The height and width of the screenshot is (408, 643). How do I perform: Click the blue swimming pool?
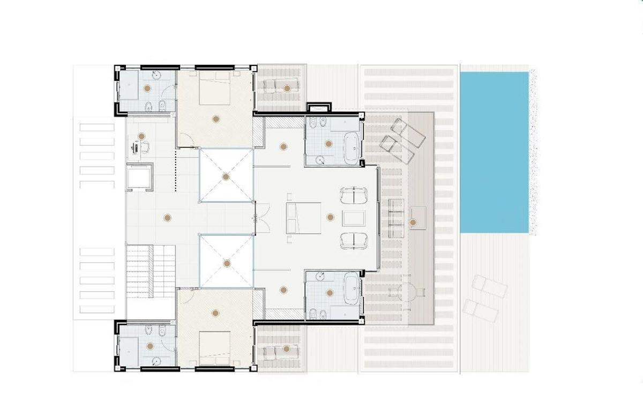pyautogui.click(x=494, y=152)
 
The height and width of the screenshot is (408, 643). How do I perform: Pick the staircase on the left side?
pyautogui.click(x=151, y=271)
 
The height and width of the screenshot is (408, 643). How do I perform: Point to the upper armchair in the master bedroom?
pyautogui.click(x=354, y=195)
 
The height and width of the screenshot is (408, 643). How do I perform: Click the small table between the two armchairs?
pyautogui.click(x=353, y=218)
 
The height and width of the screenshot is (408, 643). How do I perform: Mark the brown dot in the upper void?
pyautogui.click(x=226, y=176)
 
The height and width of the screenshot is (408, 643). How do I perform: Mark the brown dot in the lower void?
pyautogui.click(x=227, y=263)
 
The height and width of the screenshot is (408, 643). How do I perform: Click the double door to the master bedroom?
pyautogui.click(x=256, y=218)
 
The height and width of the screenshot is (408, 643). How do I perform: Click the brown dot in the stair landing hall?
pyautogui.click(x=167, y=217)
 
